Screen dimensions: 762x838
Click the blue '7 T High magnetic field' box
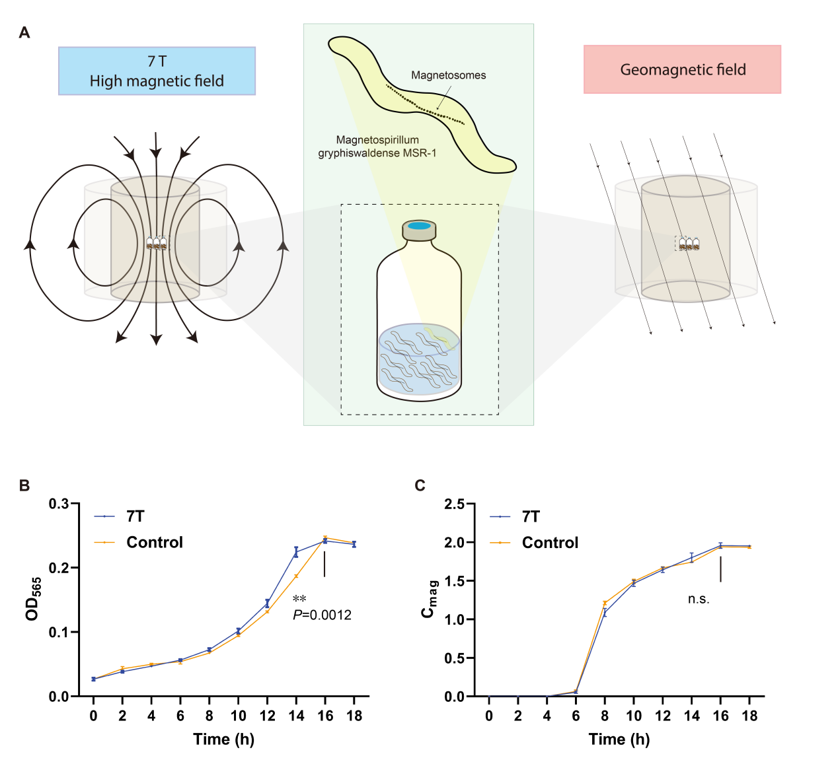(x=157, y=71)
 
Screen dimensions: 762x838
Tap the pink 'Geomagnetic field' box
(x=682, y=69)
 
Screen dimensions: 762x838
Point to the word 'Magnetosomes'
(x=448, y=75)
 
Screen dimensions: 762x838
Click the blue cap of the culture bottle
(x=420, y=226)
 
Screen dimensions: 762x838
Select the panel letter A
(x=24, y=32)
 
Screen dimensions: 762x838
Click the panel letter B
(x=24, y=485)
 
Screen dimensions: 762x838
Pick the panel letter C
(x=420, y=485)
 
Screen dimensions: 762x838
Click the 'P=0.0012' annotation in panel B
(x=322, y=615)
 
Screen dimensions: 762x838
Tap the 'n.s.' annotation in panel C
(x=699, y=599)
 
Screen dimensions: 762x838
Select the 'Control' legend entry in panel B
(x=154, y=542)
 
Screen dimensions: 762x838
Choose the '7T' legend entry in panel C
(x=530, y=516)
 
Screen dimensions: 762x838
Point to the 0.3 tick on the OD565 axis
(x=59, y=504)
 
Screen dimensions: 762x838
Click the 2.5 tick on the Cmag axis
(x=454, y=504)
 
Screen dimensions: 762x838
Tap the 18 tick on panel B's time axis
(x=354, y=716)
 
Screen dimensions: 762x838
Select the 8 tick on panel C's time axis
(x=605, y=716)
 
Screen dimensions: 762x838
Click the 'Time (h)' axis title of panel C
(x=619, y=739)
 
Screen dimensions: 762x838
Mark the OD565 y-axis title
(x=33, y=599)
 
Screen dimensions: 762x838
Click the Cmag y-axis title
(x=429, y=599)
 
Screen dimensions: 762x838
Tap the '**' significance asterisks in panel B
(x=299, y=599)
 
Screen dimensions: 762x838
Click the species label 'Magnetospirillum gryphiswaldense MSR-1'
(x=377, y=147)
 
